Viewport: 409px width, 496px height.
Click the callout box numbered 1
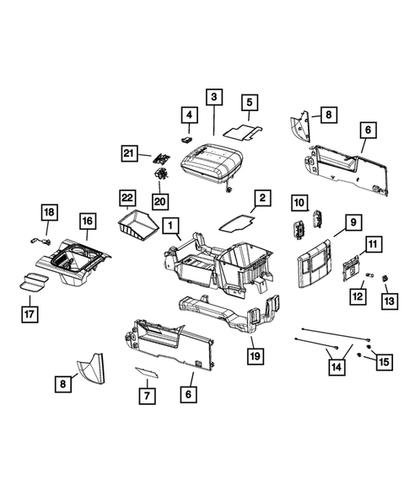[170, 226]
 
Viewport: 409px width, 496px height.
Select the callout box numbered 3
[215, 98]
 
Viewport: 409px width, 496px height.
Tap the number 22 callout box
[126, 198]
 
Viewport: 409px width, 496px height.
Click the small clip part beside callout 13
[385, 278]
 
